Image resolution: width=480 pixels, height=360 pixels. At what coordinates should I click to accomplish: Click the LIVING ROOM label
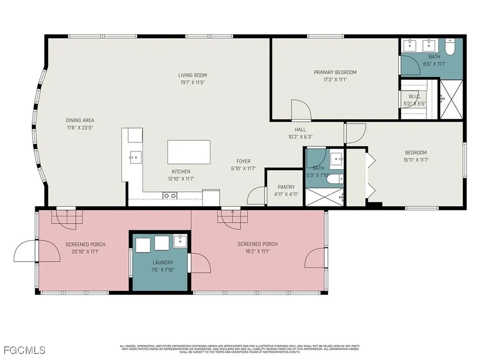click(192, 75)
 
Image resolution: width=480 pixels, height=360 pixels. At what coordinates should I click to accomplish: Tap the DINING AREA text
click(80, 120)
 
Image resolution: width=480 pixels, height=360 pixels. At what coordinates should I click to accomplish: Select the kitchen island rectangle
click(189, 152)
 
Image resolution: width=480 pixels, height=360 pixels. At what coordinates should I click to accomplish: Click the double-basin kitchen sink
click(169, 195)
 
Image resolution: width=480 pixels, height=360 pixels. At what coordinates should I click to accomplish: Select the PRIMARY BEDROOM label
click(335, 72)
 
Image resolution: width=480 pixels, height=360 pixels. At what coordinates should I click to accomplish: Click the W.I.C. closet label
click(414, 97)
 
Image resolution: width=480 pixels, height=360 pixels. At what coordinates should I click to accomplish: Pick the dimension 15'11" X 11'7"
click(416, 160)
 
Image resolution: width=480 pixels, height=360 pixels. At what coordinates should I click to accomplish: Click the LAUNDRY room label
click(163, 262)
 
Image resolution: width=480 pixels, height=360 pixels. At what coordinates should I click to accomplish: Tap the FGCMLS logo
click(24, 350)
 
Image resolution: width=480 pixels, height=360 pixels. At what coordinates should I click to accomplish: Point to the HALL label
click(300, 130)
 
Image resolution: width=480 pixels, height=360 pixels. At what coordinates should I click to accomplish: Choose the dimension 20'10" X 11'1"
click(85, 252)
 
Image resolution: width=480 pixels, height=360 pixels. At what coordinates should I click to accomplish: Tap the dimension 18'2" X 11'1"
click(257, 251)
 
